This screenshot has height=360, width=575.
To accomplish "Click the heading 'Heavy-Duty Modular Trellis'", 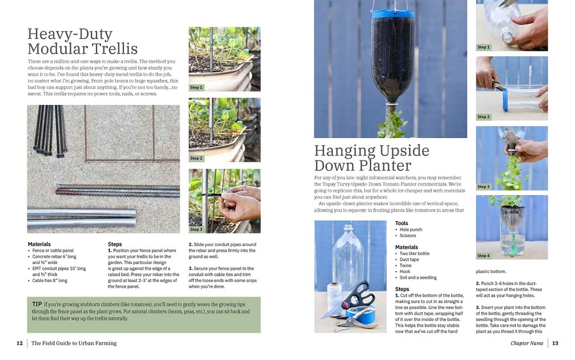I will [82, 42].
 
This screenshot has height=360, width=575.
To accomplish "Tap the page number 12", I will [20, 343].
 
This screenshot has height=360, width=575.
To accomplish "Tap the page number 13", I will [555, 343].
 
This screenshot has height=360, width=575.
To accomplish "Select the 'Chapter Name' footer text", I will [526, 343].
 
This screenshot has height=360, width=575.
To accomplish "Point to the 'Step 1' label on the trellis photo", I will [196, 88].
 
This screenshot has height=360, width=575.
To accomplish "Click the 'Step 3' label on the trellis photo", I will [196, 229].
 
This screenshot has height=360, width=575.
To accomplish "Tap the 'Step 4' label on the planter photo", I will [484, 256].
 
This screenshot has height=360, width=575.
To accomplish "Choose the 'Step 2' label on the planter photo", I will [484, 117].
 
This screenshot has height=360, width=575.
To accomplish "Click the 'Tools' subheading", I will [401, 223].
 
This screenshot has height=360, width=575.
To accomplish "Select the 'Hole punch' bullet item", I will [410, 230].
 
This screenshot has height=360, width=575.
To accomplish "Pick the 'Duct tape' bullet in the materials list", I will [410, 260].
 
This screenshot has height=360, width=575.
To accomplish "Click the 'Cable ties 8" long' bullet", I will [49, 280].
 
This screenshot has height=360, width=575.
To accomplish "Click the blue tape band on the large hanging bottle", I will [392, 13].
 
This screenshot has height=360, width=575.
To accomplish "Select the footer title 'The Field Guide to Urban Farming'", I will [74, 343].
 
